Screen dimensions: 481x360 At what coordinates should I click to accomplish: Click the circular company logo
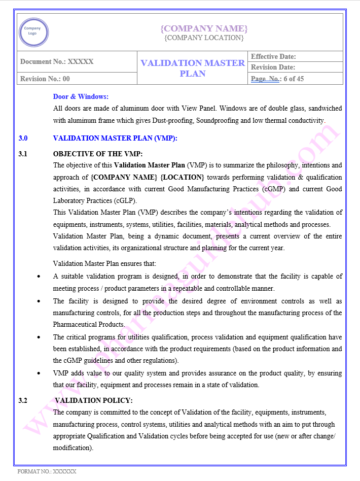pos(33,32)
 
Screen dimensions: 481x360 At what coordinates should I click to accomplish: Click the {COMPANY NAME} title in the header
pos(204,28)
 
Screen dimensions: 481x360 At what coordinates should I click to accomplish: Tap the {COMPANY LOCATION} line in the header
pos(204,38)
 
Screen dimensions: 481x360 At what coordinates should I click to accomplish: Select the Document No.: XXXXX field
pos(57,62)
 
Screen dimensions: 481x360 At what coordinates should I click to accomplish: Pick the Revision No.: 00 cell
pos(45,79)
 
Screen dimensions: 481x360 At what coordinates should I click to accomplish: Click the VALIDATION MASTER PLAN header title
pos(193,68)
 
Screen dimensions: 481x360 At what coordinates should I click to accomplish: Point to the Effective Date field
pos(273,56)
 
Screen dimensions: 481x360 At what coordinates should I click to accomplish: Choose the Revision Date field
pos(273,67)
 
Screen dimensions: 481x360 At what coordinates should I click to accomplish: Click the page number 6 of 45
pos(294,79)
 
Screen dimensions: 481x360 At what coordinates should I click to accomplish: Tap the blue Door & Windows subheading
pos(81,96)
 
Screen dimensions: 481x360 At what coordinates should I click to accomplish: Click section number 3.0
pos(23,138)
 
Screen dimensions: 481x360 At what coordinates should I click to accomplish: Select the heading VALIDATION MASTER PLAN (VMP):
pos(115,138)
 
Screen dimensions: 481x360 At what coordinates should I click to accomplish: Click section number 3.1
pos(23,154)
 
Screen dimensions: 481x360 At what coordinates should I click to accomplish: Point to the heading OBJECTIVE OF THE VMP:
pos(98,154)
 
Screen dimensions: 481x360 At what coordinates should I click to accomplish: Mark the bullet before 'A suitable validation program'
pos(40,277)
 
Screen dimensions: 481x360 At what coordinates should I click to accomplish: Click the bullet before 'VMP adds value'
pos(40,373)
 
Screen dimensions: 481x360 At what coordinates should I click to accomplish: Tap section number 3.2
pos(23,401)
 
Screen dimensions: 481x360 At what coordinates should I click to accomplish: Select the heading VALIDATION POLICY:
pos(94,401)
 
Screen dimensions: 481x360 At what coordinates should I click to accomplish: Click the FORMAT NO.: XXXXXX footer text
pos(47,471)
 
